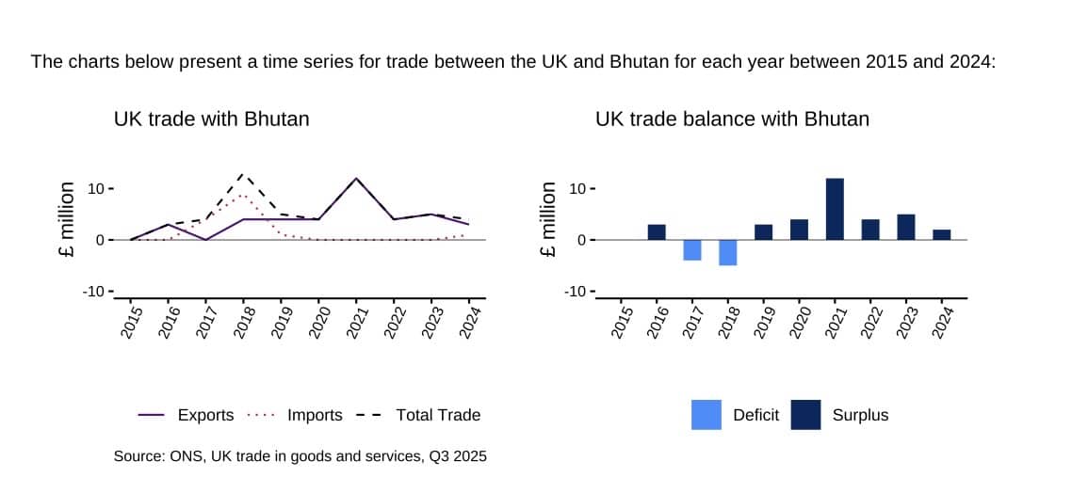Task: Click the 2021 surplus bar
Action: [835, 209]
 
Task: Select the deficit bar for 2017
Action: [692, 249]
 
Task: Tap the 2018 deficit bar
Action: [728, 252]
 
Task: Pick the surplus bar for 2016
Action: [657, 231]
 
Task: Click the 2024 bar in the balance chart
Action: [942, 234]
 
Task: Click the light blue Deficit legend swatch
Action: [707, 415]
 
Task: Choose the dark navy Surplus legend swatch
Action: [805, 415]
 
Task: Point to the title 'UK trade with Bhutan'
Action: [211, 119]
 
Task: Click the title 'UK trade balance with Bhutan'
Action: [732, 119]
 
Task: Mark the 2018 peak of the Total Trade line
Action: [243, 174]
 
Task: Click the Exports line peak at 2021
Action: [356, 179]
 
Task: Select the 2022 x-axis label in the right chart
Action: [871, 322]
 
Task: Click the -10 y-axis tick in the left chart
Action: [95, 292]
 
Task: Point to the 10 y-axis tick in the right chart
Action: [577, 189]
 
